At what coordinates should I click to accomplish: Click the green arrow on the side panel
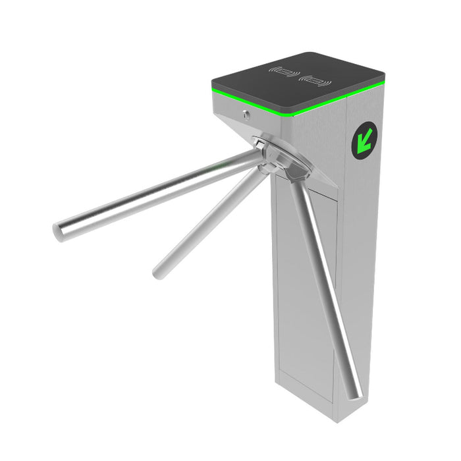click(x=364, y=140)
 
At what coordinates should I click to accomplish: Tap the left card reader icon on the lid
click(x=284, y=71)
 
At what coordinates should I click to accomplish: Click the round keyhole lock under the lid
click(x=246, y=115)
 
